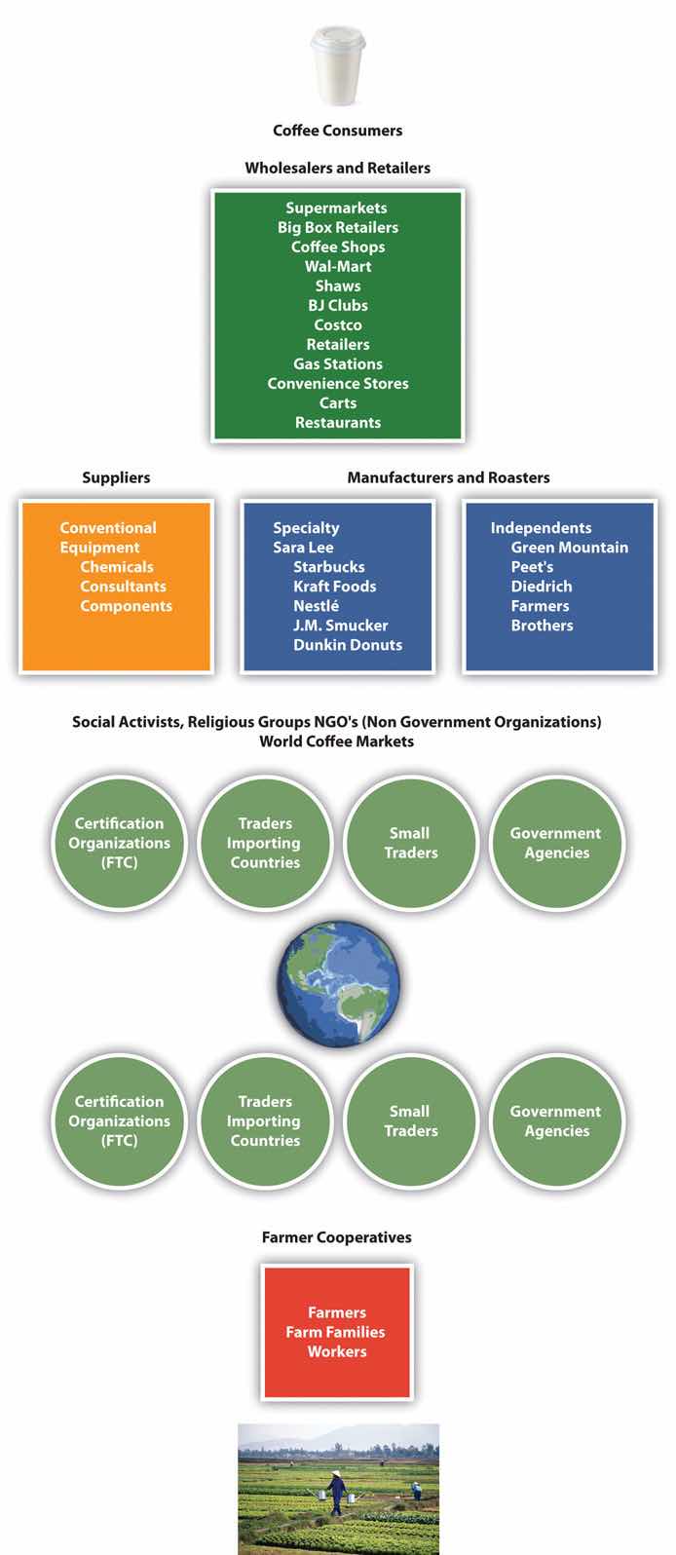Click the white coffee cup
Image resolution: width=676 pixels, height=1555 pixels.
pyautogui.click(x=337, y=64)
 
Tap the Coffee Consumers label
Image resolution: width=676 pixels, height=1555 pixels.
pyautogui.click(x=337, y=131)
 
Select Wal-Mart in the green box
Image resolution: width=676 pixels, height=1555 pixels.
pyautogui.click(x=338, y=266)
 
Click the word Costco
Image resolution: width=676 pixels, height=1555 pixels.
pyautogui.click(x=338, y=324)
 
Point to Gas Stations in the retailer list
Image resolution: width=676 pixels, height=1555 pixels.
pyautogui.click(x=338, y=363)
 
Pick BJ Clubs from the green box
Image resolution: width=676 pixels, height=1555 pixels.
pyautogui.click(x=338, y=305)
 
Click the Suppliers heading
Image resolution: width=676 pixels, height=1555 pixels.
pyautogui.click(x=116, y=477)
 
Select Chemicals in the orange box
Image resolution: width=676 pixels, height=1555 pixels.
pyautogui.click(x=117, y=567)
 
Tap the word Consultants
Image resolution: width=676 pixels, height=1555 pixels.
pyautogui.click(x=123, y=587)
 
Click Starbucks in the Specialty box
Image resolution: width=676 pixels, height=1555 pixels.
pyautogui.click(x=329, y=567)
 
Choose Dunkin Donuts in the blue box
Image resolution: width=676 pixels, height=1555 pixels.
pyautogui.click(x=348, y=645)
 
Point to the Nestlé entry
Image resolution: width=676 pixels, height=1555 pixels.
pyautogui.click(x=316, y=606)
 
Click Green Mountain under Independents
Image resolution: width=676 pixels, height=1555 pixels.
pyautogui.click(x=570, y=548)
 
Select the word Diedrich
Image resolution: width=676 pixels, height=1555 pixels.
pyautogui.click(x=542, y=587)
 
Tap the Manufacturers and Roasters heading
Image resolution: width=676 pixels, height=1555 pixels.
pyautogui.click(x=448, y=477)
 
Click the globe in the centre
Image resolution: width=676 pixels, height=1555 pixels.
pyautogui.click(x=337, y=986)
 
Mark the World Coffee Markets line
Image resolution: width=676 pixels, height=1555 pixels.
pyautogui.click(x=336, y=741)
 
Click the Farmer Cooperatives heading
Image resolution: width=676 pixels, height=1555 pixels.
pyautogui.click(x=336, y=1237)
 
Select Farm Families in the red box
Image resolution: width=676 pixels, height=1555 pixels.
pyautogui.click(x=335, y=1332)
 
